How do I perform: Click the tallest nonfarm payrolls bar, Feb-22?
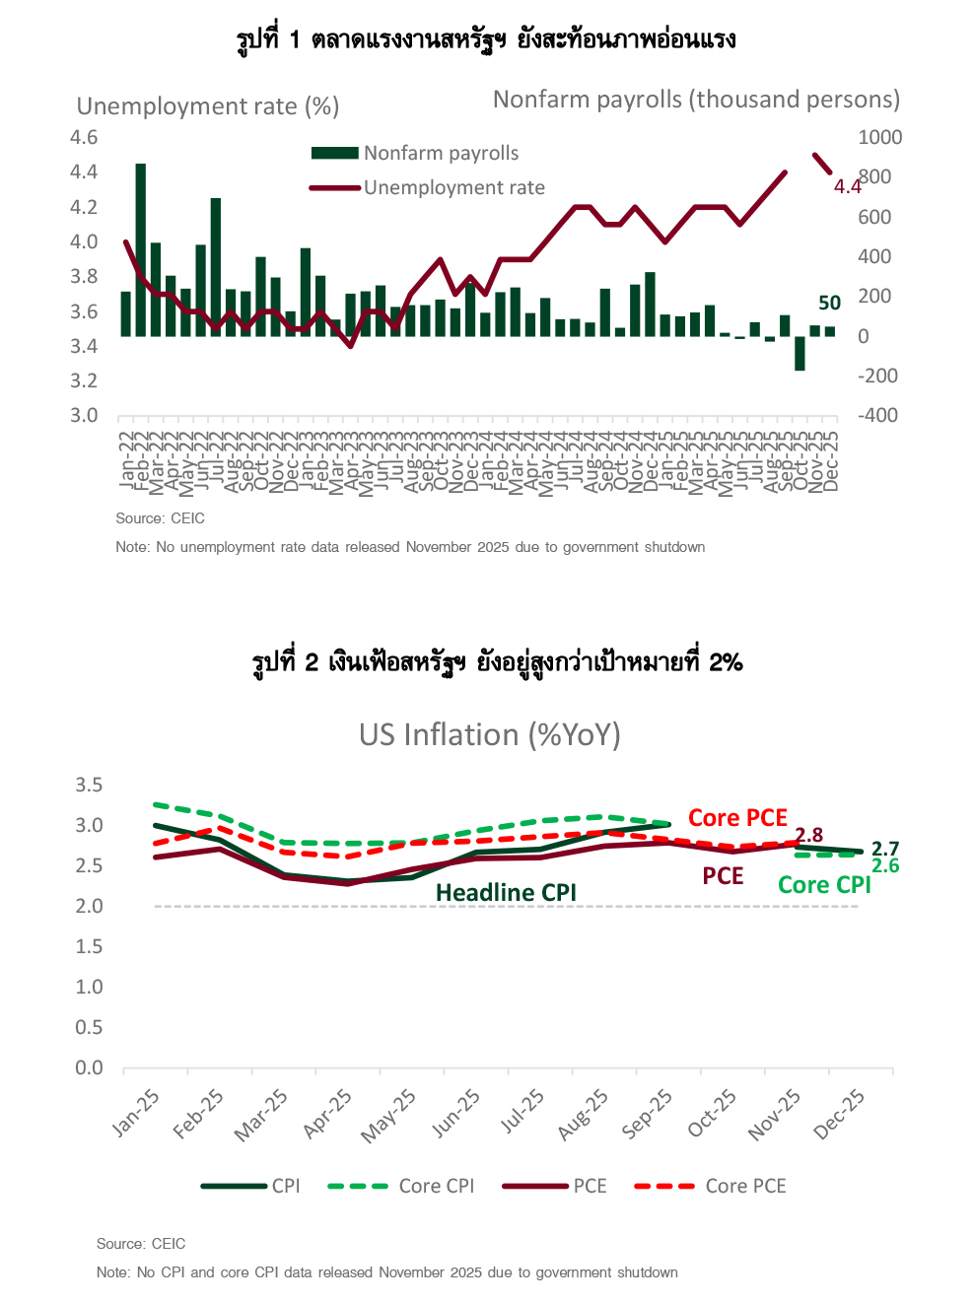point(141,249)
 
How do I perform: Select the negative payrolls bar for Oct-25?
point(800,353)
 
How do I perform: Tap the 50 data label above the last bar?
point(829,304)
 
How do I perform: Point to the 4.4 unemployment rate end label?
point(847,187)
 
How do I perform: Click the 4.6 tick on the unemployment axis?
point(84,137)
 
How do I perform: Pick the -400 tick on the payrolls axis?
point(877,415)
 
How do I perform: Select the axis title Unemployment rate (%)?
point(207,106)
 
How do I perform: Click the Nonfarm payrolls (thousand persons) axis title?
point(696,100)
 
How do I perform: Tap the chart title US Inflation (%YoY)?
point(489,735)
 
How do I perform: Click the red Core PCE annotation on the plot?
point(737,818)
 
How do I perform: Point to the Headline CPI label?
point(506,892)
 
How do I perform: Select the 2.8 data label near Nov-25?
point(808,835)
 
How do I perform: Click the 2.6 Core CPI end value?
point(885,866)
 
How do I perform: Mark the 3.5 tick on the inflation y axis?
point(89,785)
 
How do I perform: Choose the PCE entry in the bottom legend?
point(590,1186)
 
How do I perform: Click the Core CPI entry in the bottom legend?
point(436,1186)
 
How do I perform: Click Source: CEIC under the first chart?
point(160,518)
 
